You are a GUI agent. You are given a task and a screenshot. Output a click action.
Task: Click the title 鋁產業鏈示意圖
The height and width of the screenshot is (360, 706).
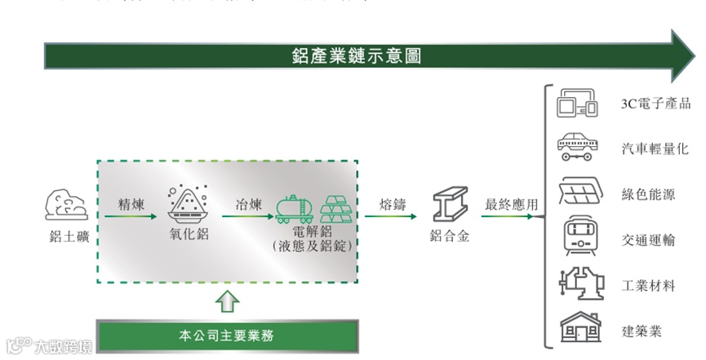(x=357, y=56)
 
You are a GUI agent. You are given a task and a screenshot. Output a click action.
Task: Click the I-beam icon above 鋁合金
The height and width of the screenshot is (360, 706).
(x=450, y=205)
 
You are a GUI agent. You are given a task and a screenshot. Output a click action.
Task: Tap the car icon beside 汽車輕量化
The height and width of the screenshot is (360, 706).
(x=579, y=148)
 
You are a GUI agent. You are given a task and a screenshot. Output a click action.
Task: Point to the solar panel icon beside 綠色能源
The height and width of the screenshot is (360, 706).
(x=579, y=193)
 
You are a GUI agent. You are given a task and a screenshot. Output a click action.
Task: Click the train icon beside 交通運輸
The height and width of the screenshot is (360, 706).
(x=579, y=238)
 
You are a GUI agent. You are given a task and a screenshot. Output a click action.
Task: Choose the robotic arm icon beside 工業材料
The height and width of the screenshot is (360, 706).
(x=579, y=284)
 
